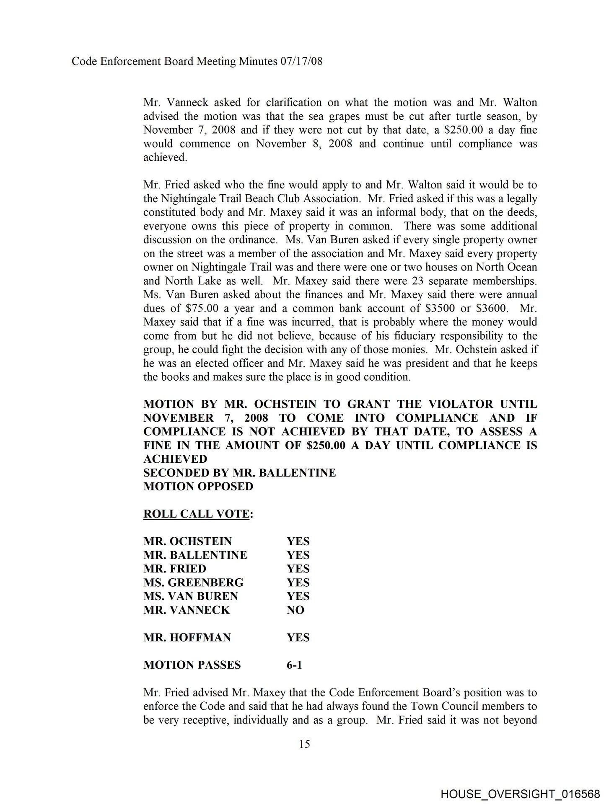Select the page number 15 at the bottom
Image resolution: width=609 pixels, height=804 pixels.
click(x=305, y=744)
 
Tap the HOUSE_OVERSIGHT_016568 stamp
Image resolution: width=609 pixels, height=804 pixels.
click(x=520, y=792)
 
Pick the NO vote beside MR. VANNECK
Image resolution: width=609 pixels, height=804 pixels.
click(x=295, y=610)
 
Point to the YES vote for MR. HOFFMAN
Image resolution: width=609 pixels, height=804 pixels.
click(x=298, y=637)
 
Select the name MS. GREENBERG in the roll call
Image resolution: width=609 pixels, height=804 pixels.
click(x=193, y=582)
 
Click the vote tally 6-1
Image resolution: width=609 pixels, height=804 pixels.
click(x=294, y=665)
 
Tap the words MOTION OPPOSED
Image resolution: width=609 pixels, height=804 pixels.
click(x=198, y=486)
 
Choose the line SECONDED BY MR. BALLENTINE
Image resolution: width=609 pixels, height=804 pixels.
click(x=239, y=473)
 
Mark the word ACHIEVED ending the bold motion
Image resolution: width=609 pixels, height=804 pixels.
click(x=175, y=459)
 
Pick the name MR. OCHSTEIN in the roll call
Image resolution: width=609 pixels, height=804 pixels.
click(x=187, y=541)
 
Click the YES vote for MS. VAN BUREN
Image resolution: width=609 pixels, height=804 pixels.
click(x=298, y=596)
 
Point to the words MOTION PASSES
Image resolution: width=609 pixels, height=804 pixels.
click(x=192, y=665)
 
